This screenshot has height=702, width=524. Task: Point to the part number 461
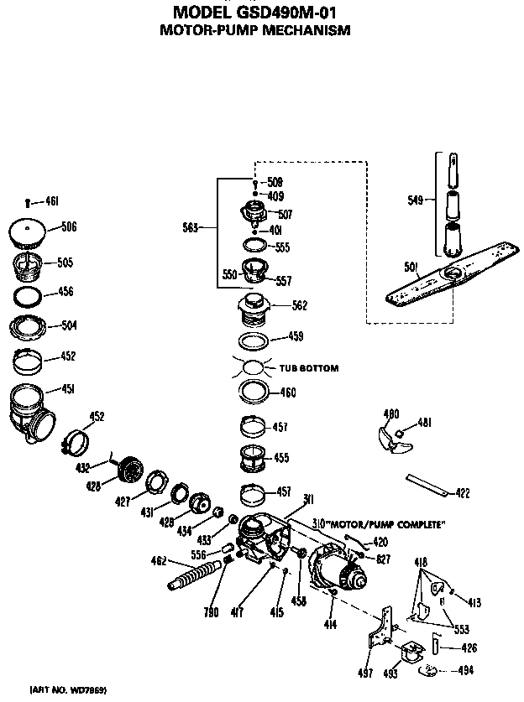[x=51, y=201]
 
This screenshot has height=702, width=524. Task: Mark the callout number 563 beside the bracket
[x=191, y=226]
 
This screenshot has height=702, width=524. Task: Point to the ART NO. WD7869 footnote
[x=68, y=689]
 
